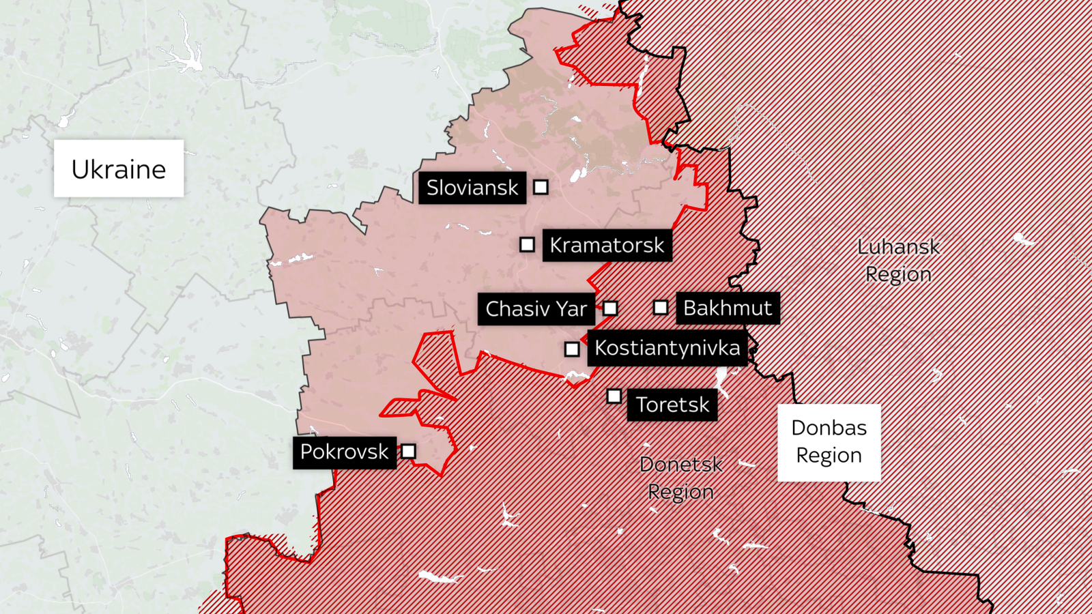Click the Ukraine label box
(119, 169)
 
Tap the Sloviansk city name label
(472, 188)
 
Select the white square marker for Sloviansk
(541, 187)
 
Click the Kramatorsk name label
(607, 245)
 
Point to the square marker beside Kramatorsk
(527, 244)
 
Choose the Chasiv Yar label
(536, 309)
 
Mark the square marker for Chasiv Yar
(610, 308)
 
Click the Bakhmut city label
(728, 308)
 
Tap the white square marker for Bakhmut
(661, 308)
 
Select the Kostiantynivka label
(667, 348)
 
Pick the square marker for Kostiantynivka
(572, 349)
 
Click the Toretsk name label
(672, 405)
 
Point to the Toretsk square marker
(614, 396)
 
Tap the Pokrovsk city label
(345, 452)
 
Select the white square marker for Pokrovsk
(408, 451)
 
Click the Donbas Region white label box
(829, 442)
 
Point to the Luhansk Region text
(898, 260)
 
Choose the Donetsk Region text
(680, 478)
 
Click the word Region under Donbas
(829, 455)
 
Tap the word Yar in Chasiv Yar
(571, 309)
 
